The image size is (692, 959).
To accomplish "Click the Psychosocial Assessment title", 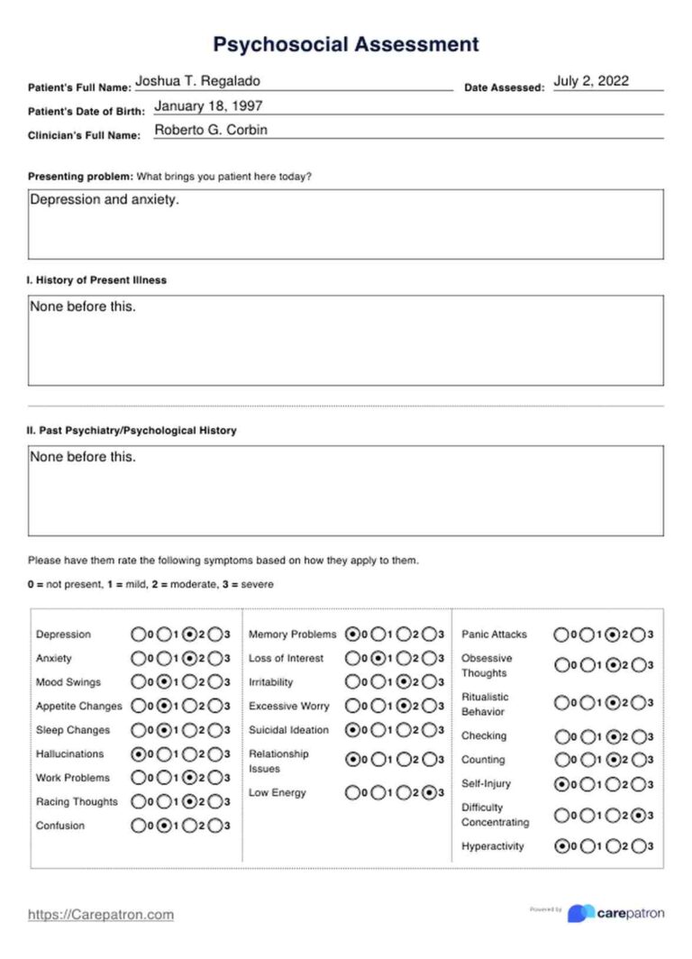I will pyautogui.click(x=346, y=44).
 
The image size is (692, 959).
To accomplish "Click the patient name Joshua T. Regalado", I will pyautogui.click(x=197, y=81).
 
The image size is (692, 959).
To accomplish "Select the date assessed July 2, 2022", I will pyautogui.click(x=591, y=81).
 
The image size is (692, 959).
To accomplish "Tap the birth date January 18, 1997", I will pyautogui.click(x=208, y=105).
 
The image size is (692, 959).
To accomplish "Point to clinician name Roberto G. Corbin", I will pyautogui.click(x=211, y=130).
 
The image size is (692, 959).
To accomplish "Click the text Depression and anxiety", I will pyautogui.click(x=105, y=200).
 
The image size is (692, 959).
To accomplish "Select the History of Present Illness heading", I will pyautogui.click(x=96, y=280).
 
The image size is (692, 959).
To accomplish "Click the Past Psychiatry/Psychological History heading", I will pyautogui.click(x=132, y=431).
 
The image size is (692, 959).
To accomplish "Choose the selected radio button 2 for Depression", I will pyautogui.click(x=190, y=635).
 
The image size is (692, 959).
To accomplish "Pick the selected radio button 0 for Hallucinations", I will pyautogui.click(x=139, y=754).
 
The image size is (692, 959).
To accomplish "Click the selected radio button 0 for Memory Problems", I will pyautogui.click(x=352, y=635).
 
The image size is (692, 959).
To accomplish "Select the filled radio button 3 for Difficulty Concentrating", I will pyautogui.click(x=639, y=816).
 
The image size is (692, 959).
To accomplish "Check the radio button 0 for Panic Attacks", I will pyautogui.click(x=562, y=635).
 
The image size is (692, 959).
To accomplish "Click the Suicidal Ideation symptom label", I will pyautogui.click(x=288, y=730).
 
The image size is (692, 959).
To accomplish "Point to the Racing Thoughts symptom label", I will pyautogui.click(x=77, y=802).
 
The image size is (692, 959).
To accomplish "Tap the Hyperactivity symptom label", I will pyautogui.click(x=492, y=846).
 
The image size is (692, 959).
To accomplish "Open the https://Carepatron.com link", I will pyautogui.click(x=101, y=915).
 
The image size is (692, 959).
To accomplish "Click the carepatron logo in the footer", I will pyautogui.click(x=617, y=913).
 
